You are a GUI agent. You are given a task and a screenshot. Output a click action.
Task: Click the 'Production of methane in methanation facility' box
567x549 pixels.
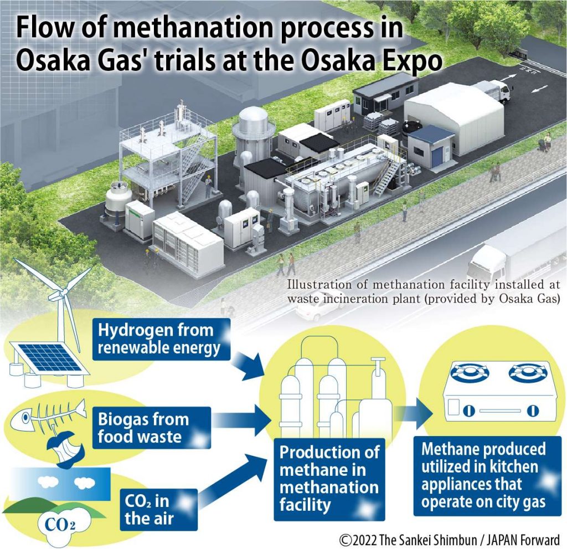(x=329, y=479)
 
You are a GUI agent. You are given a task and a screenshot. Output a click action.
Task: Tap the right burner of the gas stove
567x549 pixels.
(x=525, y=373)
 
